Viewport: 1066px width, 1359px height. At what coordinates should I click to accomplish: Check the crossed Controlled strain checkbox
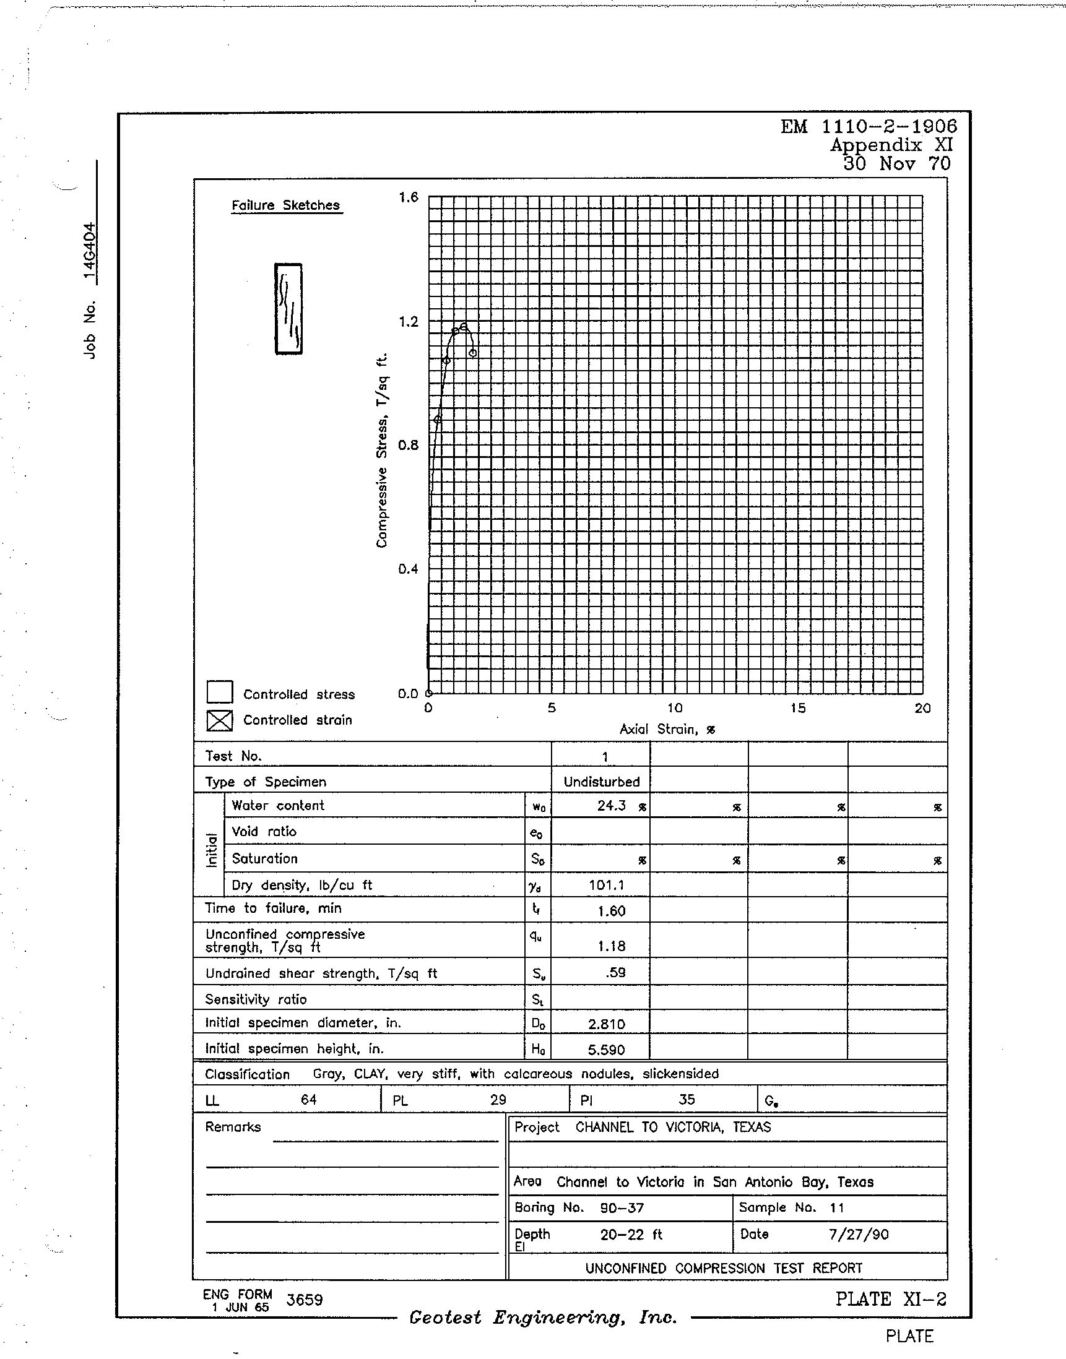[x=220, y=720]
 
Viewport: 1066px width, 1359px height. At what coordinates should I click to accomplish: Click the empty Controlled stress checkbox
[x=220, y=692]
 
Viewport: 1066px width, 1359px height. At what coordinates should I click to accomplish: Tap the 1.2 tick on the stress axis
[x=409, y=322]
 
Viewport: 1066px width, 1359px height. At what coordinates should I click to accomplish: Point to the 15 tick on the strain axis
[x=798, y=708]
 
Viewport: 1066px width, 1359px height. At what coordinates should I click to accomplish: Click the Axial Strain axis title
[x=667, y=729]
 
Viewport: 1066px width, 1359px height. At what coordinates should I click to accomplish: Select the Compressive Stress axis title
[x=382, y=450]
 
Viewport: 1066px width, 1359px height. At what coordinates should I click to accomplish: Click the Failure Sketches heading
[x=286, y=205]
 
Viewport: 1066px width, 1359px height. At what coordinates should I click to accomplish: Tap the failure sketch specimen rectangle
[x=288, y=309]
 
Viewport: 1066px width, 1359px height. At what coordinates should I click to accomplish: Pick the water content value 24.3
[x=611, y=806]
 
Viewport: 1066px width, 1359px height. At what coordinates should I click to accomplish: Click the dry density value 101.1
[x=606, y=885]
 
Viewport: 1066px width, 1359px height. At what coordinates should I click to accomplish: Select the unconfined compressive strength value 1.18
[x=611, y=946]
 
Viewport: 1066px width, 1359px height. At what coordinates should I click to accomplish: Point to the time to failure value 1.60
[x=611, y=911]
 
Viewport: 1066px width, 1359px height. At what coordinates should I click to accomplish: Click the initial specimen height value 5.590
[x=606, y=1050]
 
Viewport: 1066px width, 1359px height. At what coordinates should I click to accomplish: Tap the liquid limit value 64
[x=309, y=1100]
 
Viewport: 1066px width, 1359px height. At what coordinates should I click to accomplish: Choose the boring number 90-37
[x=622, y=1208]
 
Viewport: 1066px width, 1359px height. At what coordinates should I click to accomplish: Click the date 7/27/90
[x=859, y=1234]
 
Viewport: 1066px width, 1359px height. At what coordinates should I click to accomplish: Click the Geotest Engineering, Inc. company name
[x=543, y=1317]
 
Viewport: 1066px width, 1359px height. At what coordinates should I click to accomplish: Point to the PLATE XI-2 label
[x=891, y=1299]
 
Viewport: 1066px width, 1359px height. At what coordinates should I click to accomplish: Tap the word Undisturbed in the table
[x=602, y=782]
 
